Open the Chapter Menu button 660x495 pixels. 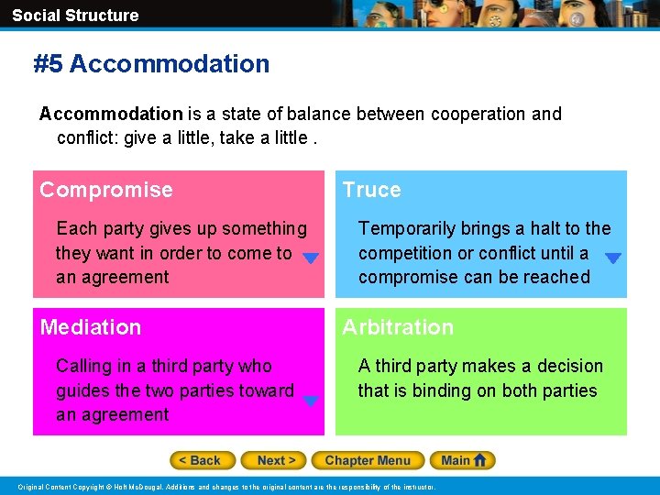(367, 460)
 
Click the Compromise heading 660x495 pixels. (106, 190)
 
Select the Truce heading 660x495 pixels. (371, 190)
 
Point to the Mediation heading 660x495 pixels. (91, 327)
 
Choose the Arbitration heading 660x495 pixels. (398, 327)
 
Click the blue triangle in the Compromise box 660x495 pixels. (311, 259)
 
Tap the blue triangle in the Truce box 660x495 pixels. (613, 259)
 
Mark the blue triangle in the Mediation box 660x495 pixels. (311, 401)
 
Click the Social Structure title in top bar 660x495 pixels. (75, 15)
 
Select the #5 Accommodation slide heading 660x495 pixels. (151, 63)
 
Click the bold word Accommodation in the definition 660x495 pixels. (111, 114)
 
